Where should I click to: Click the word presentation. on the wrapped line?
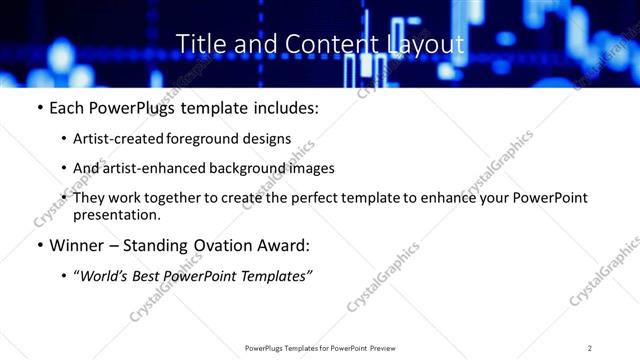[x=116, y=215]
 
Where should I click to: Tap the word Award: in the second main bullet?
[x=283, y=245]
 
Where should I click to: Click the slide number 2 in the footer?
[x=590, y=348]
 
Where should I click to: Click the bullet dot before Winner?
[x=39, y=246]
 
